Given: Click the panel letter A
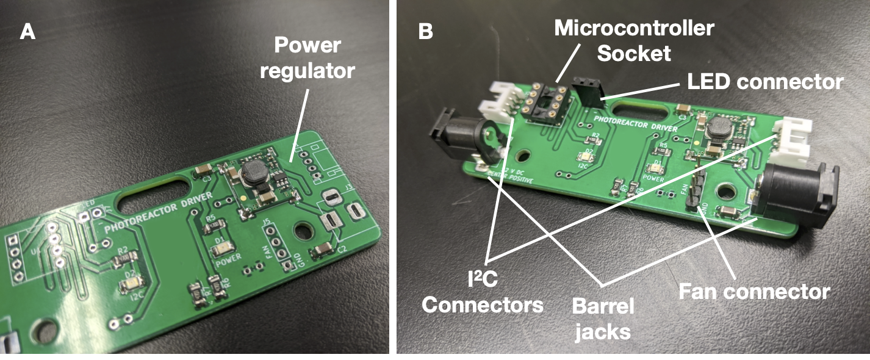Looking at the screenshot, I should [x=27, y=32].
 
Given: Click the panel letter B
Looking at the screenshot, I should [x=425, y=32].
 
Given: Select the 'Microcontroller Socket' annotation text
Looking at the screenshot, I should [x=634, y=40].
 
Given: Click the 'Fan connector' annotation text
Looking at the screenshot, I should [x=755, y=290].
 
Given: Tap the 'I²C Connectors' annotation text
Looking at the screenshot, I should [x=482, y=292].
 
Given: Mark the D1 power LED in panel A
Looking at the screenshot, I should [x=224, y=248].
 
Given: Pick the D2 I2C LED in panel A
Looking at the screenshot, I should [x=134, y=283].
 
